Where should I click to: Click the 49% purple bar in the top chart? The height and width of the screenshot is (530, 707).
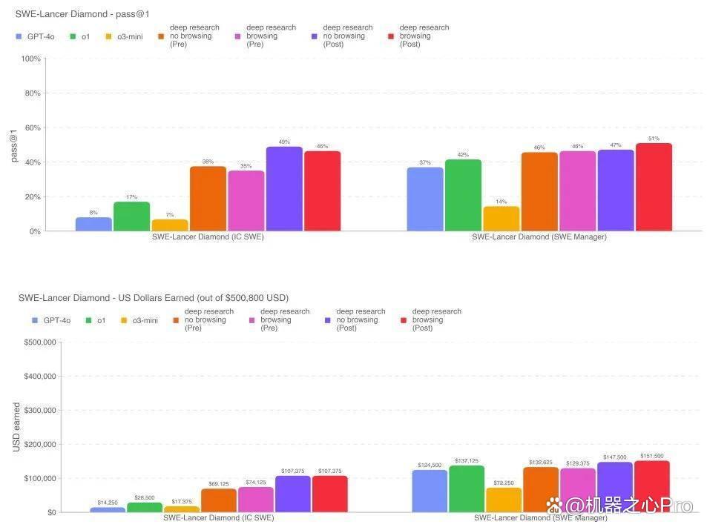coord(284,189)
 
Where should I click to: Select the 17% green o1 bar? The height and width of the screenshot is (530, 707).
coord(131,216)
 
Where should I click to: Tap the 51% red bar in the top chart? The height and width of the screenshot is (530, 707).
coord(654,187)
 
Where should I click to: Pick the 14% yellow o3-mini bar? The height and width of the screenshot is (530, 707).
coord(502,219)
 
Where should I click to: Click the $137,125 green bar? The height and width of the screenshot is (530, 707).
coord(467,489)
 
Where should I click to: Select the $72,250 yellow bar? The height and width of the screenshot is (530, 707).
coord(504,500)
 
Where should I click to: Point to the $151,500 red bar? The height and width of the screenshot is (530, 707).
coord(652,486)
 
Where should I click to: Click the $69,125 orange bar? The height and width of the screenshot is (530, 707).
coord(219,500)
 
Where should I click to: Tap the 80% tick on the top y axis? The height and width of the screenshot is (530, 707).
coord(33,93)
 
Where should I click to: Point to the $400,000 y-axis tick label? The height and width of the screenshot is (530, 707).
coord(40,377)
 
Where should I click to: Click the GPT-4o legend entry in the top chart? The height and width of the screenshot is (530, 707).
coord(35,36)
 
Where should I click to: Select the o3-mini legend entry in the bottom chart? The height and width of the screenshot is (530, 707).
coord(139,320)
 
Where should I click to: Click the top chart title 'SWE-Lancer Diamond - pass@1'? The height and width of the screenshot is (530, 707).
coord(82,14)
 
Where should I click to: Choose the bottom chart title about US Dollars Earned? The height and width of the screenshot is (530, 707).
coord(154,298)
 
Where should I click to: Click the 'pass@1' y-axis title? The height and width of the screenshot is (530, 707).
coord(14,145)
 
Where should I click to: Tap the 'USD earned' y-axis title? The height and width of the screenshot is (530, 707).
coord(16,427)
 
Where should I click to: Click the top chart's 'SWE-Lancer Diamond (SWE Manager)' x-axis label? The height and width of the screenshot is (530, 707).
coord(539,237)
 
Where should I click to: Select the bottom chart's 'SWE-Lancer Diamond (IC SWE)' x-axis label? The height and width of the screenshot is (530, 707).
coord(219,518)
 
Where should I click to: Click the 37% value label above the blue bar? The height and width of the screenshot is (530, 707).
coord(425,162)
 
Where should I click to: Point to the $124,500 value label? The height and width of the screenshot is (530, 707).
coord(430,465)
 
